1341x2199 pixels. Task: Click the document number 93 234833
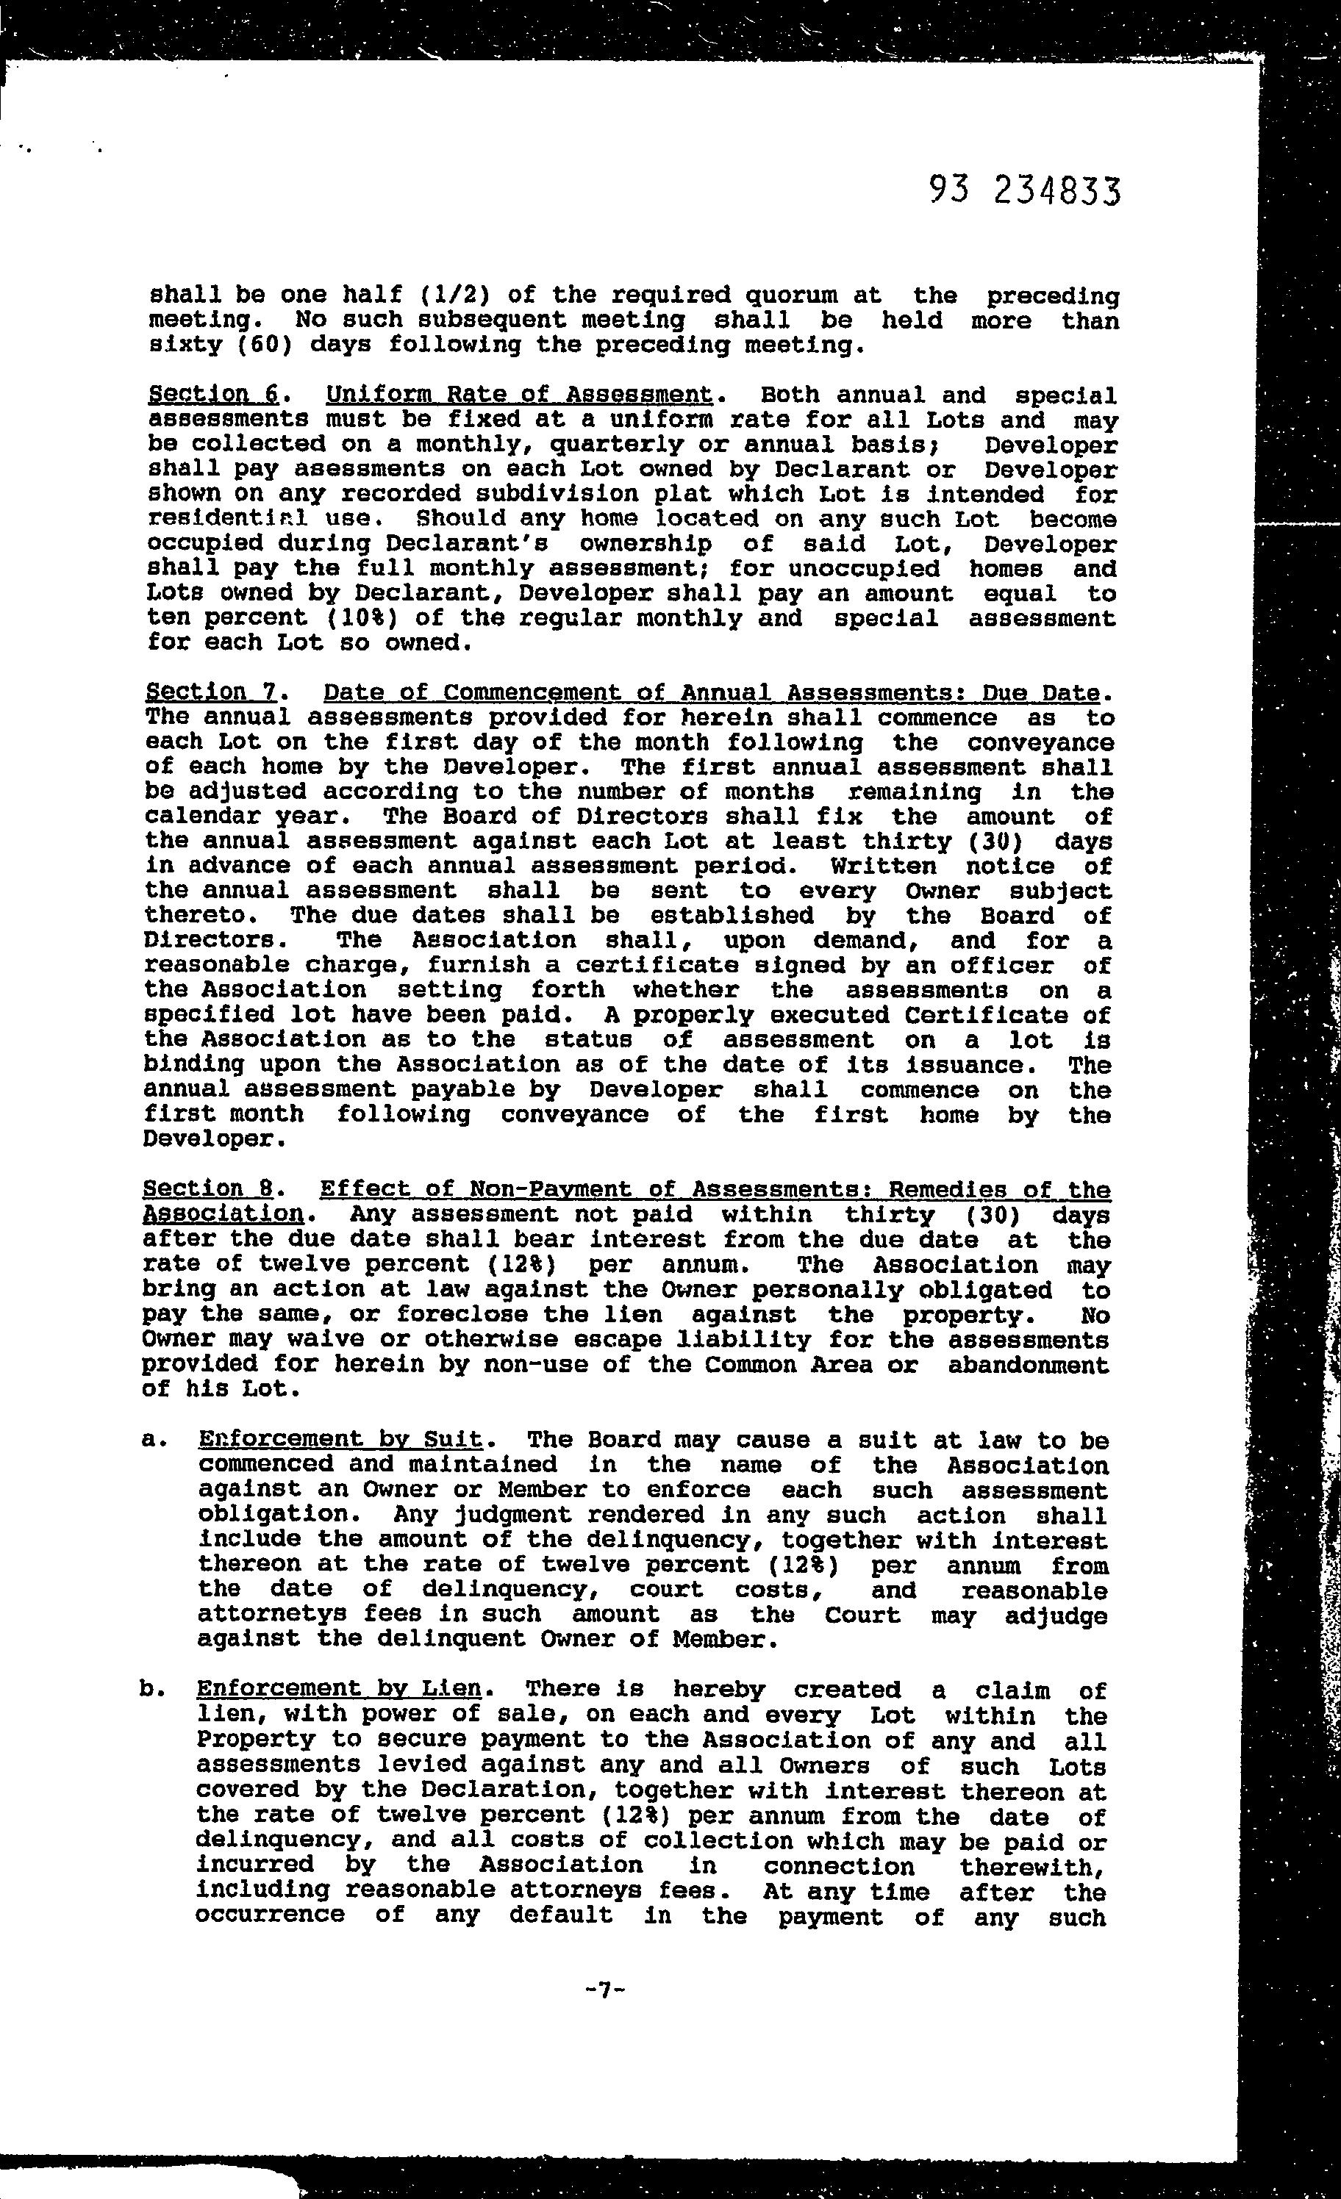tap(1023, 191)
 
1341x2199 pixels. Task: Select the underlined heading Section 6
tap(212, 395)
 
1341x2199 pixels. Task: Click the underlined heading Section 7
tap(212, 692)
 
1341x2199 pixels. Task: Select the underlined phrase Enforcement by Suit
tap(340, 1440)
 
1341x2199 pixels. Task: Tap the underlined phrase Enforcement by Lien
tap(338, 1688)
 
